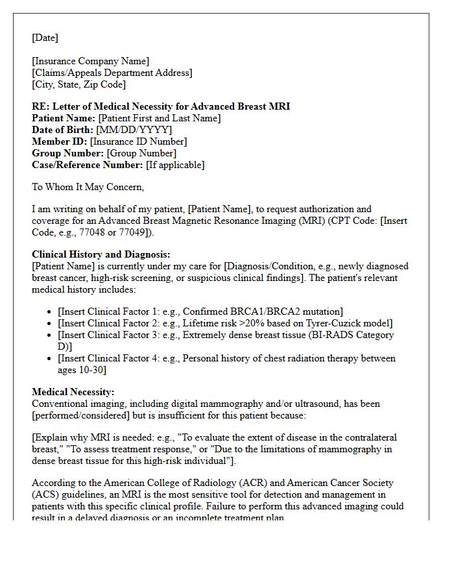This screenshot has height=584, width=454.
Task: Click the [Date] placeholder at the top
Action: pyautogui.click(x=45, y=38)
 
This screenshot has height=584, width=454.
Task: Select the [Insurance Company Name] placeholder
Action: pyautogui.click(x=90, y=62)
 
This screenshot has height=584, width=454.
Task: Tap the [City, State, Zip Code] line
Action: pyautogui.click(x=78, y=84)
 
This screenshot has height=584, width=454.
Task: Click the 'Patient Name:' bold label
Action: pyautogui.click(x=64, y=118)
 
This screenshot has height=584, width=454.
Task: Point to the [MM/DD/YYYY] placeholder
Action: pyautogui.click(x=134, y=130)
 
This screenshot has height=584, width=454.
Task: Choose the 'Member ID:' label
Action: pyautogui.click(x=60, y=141)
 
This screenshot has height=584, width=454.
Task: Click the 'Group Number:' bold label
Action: pyautogui.click(x=67, y=153)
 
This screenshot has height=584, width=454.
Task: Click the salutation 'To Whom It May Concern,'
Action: pyautogui.click(x=88, y=187)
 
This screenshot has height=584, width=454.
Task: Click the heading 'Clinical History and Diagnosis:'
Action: pyautogui.click(x=101, y=254)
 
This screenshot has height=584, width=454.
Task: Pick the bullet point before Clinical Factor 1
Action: pyautogui.click(x=49, y=312)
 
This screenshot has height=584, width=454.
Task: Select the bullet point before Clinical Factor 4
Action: pyautogui.click(x=49, y=358)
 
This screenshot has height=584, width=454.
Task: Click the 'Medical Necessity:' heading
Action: pyautogui.click(x=73, y=392)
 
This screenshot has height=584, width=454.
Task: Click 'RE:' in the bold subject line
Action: pyautogui.click(x=40, y=106)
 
